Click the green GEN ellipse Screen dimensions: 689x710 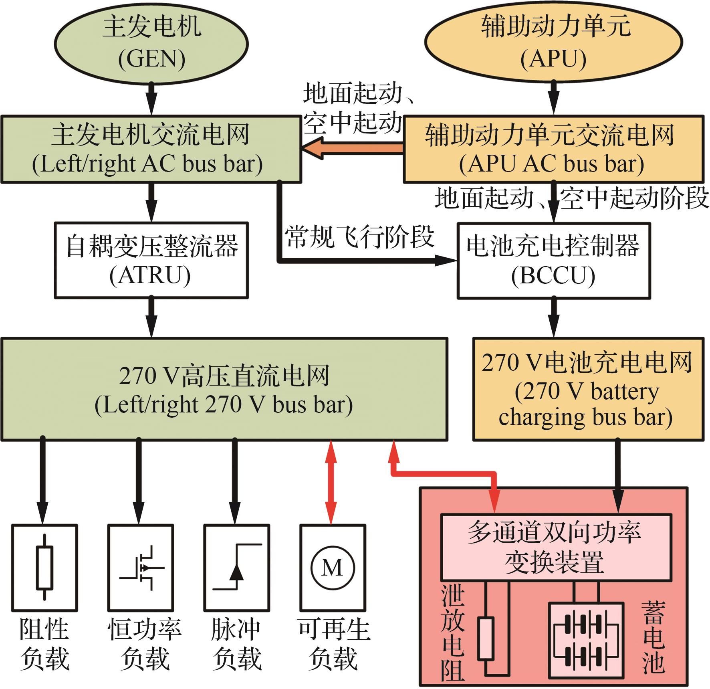click(151, 43)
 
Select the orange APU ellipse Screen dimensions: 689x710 click(554, 43)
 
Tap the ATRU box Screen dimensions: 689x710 click(151, 260)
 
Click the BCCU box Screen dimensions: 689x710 click(554, 260)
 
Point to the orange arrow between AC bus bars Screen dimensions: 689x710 click(353, 149)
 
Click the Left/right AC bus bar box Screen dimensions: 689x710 click(151, 149)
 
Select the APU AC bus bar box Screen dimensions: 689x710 click(553, 149)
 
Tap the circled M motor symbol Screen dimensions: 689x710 click(332, 568)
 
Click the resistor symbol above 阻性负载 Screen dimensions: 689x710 click(44, 568)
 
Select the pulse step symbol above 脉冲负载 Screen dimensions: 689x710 click(236, 568)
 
